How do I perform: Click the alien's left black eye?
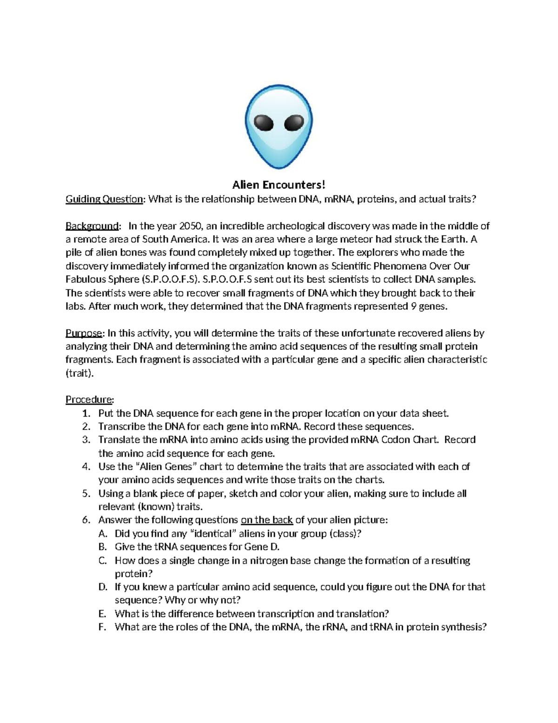(x=263, y=124)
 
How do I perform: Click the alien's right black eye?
(x=294, y=123)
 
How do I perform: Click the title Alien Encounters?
(x=279, y=185)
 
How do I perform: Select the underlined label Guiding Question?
(x=104, y=199)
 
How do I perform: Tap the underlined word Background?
(x=92, y=226)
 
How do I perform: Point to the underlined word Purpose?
(x=84, y=333)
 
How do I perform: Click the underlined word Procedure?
(x=89, y=399)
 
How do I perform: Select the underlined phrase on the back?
(x=267, y=520)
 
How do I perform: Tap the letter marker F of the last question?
(x=102, y=627)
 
